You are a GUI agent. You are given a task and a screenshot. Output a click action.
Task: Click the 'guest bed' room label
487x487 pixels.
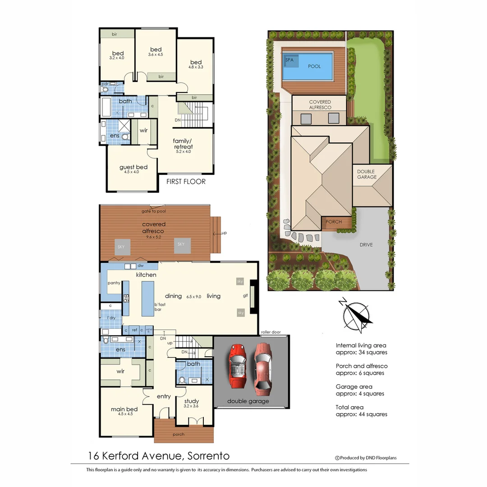pyautogui.click(x=133, y=167)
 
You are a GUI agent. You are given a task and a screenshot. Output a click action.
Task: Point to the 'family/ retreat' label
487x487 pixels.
pyautogui.click(x=183, y=144)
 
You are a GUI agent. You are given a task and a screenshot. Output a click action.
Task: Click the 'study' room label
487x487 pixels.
pyautogui.click(x=191, y=401)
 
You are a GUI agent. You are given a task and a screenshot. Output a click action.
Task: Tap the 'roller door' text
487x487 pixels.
pyautogui.click(x=271, y=332)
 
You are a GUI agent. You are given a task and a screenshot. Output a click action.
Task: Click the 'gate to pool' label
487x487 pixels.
pyautogui.click(x=154, y=211)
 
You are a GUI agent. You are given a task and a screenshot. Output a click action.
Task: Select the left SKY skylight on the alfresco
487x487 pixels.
pyautogui.click(x=121, y=247)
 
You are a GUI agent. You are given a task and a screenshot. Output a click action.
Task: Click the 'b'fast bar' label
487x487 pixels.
pyautogui.click(x=160, y=307)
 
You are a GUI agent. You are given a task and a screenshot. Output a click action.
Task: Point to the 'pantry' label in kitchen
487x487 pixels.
pyautogui.click(x=114, y=283)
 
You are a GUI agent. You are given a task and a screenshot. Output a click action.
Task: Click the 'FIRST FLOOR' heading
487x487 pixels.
pyautogui.click(x=186, y=182)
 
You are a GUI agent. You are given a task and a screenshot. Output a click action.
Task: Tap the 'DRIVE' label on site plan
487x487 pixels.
pyautogui.click(x=367, y=245)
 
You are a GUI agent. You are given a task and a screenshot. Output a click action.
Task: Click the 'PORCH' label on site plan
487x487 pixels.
pyautogui.click(x=333, y=222)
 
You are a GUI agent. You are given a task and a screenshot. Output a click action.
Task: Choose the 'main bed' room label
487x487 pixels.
pyautogui.click(x=124, y=409)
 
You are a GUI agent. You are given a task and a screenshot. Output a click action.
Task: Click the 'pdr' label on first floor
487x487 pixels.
pyautogui.click(x=105, y=84)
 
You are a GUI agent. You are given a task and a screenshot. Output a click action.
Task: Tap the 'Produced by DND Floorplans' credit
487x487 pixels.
pyautogui.click(x=366, y=458)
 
